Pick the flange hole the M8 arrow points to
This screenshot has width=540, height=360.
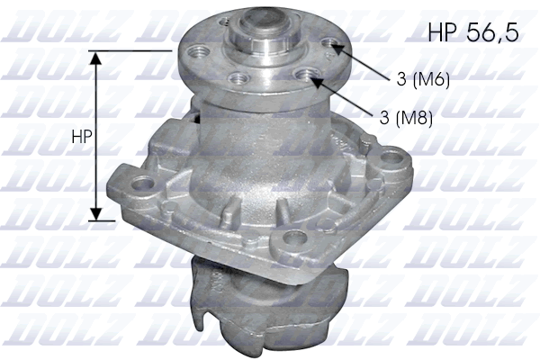[x=311, y=79]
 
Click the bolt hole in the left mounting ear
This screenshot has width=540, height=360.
[x=141, y=186]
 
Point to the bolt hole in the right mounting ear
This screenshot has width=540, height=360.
[x=392, y=162]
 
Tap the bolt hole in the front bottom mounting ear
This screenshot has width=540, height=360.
[x=290, y=238]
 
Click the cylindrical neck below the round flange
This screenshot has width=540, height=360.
[x=238, y=135]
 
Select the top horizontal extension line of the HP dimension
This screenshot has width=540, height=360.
[x=135, y=50]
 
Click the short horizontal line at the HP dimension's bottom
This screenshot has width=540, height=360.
[x=103, y=220]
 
